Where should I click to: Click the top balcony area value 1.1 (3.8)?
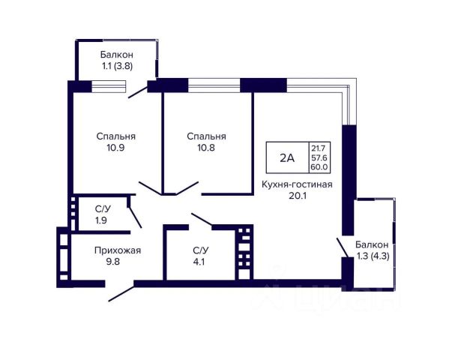(117, 66)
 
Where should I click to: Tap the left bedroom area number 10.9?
(115, 148)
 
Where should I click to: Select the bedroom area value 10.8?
(206, 148)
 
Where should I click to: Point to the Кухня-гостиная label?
(297, 184)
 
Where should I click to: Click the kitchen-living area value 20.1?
(297, 196)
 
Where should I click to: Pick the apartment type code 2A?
(287, 157)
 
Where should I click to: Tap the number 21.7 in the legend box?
(318, 148)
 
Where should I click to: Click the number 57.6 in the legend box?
(319, 157)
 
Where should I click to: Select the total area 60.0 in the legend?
(319, 167)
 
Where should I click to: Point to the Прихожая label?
(118, 250)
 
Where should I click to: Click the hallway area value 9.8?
(112, 262)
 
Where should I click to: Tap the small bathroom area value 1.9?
(101, 220)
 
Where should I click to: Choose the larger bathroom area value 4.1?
(199, 262)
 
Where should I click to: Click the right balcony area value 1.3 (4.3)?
(373, 256)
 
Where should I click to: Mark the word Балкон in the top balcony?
(117, 55)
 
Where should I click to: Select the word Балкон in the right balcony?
(372, 244)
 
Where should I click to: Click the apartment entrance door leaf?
(121, 294)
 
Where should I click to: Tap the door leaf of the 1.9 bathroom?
(135, 217)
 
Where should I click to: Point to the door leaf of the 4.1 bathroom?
(202, 219)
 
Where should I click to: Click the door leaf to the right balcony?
(343, 247)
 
